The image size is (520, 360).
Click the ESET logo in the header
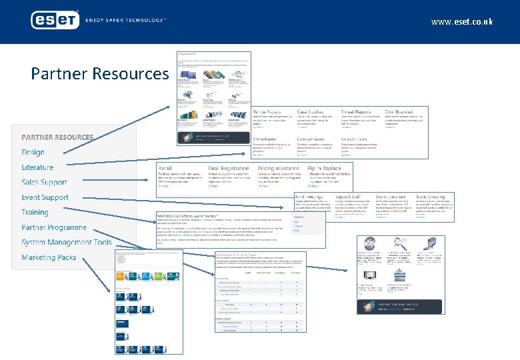tap(55, 20)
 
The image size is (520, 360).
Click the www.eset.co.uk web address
tap(462, 22)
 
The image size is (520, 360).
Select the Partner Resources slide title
tap(99, 73)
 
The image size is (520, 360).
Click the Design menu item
tap(33, 152)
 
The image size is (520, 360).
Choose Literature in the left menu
tap(37, 167)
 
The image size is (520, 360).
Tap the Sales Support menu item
tap(44, 182)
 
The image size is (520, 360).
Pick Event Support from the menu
tap(45, 197)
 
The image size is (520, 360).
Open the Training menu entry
tap(35, 212)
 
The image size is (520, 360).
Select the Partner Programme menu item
tap(54, 227)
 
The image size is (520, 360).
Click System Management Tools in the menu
tap(67, 243)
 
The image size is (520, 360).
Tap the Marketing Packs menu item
tap(49, 257)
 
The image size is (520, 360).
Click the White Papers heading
tap(267, 112)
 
